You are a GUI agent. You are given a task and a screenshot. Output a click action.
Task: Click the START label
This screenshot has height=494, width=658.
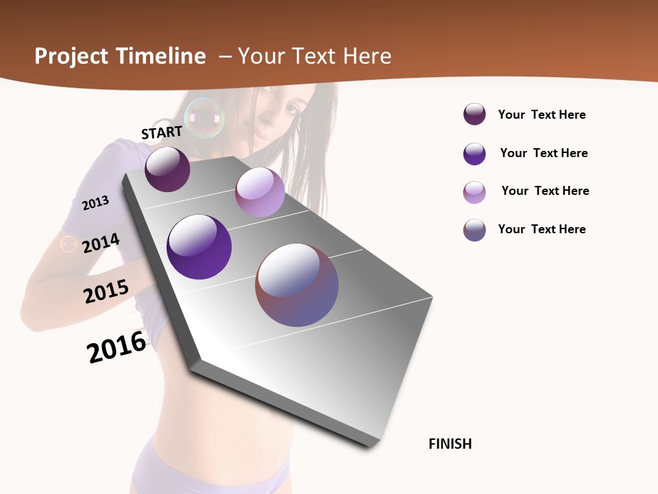coord(162,132)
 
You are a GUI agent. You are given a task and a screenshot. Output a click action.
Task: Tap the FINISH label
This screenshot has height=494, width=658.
coord(450,444)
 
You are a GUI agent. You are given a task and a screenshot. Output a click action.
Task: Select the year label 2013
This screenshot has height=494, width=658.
coord(95,203)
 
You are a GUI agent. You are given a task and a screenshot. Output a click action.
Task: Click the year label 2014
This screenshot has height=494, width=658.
coord(101,243)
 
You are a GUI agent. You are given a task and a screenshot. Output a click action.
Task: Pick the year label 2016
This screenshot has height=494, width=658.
coord(117,347)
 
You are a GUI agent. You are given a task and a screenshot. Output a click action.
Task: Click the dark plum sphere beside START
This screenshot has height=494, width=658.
coord(167,169)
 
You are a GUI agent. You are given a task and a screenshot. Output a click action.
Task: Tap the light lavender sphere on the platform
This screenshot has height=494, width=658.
coord(260,192)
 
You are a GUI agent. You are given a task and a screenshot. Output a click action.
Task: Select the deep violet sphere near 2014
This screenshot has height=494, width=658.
coord(199,247)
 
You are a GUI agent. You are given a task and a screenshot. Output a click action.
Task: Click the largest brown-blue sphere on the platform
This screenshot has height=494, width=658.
coord(297,285)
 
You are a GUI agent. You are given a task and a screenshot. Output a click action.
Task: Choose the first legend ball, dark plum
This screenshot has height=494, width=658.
coord(474,115)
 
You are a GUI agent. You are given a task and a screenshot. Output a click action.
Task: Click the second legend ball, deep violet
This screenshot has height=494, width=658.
coord(474,154)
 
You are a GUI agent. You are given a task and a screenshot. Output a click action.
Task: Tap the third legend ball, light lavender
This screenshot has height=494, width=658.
coord(474,192)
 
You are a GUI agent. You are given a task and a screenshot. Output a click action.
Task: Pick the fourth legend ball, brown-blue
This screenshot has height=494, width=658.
coord(474,230)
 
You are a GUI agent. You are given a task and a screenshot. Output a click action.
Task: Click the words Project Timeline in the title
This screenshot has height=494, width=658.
coord(120,56)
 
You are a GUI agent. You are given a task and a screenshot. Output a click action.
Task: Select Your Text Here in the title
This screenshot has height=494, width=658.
coord(315,56)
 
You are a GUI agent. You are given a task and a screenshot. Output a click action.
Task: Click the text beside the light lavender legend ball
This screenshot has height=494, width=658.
coord(545,191)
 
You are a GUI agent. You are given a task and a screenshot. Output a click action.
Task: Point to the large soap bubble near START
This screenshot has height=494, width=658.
coord(204,118)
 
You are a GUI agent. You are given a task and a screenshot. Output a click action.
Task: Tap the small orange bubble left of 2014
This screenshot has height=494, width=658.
coord(69,244)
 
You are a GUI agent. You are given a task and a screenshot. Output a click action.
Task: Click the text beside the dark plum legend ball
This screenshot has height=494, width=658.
coord(541,115)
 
